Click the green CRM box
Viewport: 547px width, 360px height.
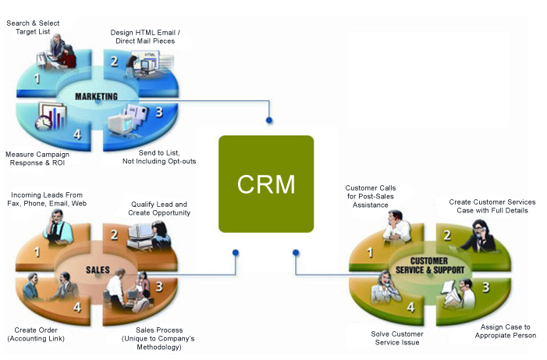(x=266, y=184)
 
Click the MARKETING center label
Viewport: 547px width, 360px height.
(x=96, y=96)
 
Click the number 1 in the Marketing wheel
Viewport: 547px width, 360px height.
(x=37, y=80)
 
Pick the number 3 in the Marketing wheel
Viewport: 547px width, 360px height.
(x=158, y=112)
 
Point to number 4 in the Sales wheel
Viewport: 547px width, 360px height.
(x=77, y=307)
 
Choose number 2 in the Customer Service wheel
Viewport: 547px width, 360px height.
(x=448, y=234)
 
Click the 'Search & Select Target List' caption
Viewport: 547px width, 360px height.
(x=34, y=28)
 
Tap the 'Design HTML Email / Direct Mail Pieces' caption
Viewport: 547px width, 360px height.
(x=149, y=36)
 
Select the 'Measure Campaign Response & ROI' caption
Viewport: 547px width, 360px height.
(x=37, y=158)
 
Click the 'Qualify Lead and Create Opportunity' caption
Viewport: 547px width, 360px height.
(x=160, y=209)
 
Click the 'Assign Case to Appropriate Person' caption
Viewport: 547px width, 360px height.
(x=505, y=331)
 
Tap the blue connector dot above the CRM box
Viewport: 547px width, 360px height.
(x=269, y=120)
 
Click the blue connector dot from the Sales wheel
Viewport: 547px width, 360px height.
(x=236, y=252)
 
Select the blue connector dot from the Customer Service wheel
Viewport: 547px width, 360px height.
(x=296, y=252)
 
